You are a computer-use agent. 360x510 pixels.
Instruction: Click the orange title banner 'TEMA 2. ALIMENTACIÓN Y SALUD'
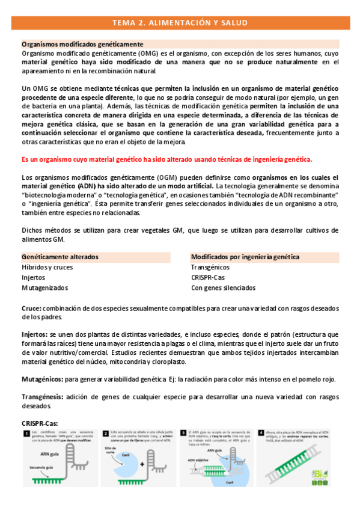tap(180, 23)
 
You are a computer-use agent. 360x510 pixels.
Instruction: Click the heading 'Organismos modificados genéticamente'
tap(82, 45)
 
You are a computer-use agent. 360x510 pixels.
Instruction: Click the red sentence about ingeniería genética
tap(166, 159)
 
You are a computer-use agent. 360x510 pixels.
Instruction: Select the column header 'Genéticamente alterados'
tap(61, 257)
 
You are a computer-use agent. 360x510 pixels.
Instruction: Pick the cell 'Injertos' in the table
tap(34, 278)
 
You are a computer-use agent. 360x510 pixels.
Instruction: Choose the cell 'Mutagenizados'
tap(45, 288)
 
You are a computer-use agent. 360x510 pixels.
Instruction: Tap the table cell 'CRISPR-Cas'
tap(208, 278)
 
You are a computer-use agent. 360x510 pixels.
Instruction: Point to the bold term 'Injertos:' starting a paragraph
tap(35, 333)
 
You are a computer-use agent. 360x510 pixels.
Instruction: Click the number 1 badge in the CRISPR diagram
tap(26, 433)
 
